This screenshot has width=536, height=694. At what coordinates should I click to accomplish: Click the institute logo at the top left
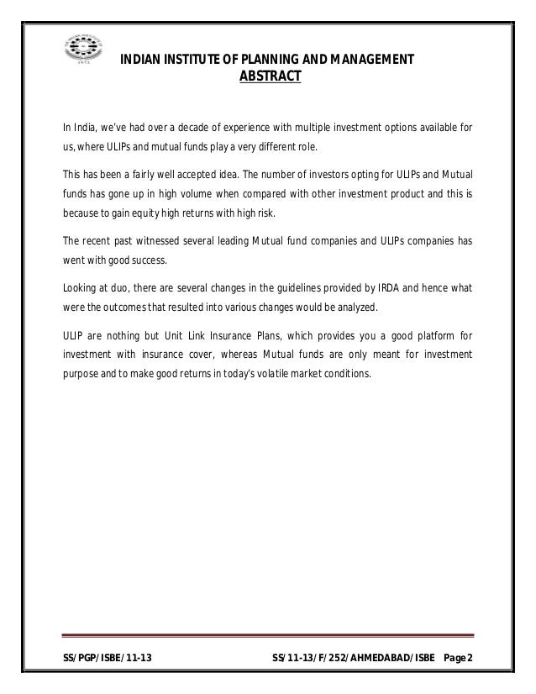click(x=81, y=47)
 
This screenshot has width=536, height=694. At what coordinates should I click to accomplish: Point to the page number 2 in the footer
click(x=469, y=655)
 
